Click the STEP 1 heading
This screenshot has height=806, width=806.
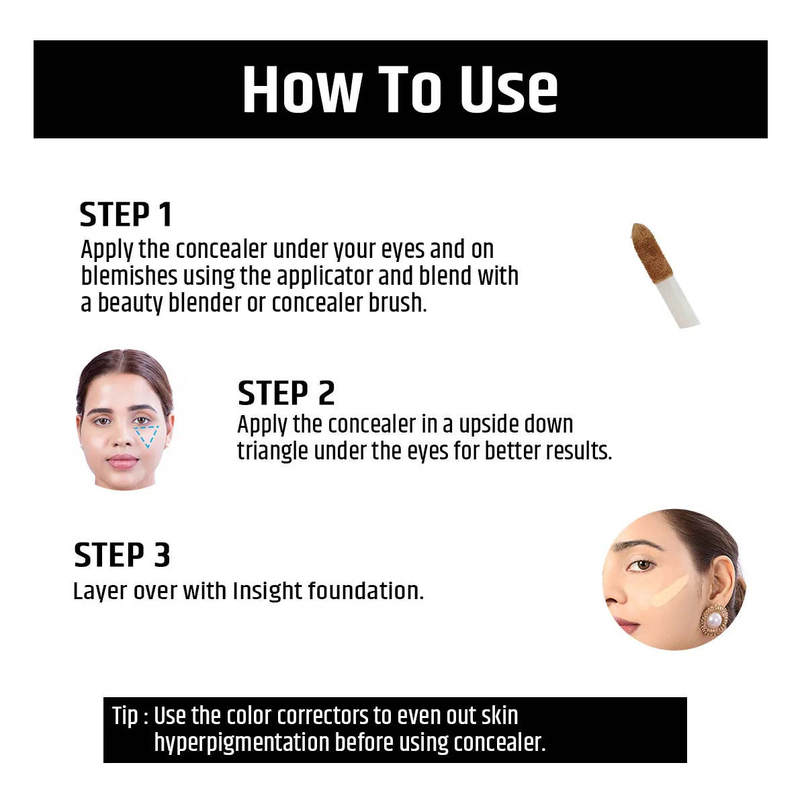click(x=126, y=215)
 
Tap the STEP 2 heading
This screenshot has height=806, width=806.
click(x=286, y=394)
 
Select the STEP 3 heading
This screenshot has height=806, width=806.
click(x=122, y=555)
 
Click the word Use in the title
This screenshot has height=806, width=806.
click(x=508, y=89)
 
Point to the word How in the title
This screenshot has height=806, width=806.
click(x=302, y=89)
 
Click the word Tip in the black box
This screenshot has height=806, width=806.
click(x=125, y=716)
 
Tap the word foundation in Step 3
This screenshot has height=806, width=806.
click(x=366, y=591)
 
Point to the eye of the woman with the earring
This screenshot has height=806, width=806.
click(x=644, y=566)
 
